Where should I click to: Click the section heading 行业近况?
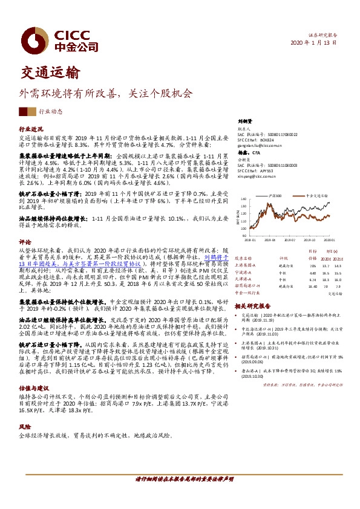[x=31, y=129]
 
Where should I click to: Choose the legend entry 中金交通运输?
[x=314, y=196]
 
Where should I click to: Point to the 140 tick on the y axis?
[x=243, y=198]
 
